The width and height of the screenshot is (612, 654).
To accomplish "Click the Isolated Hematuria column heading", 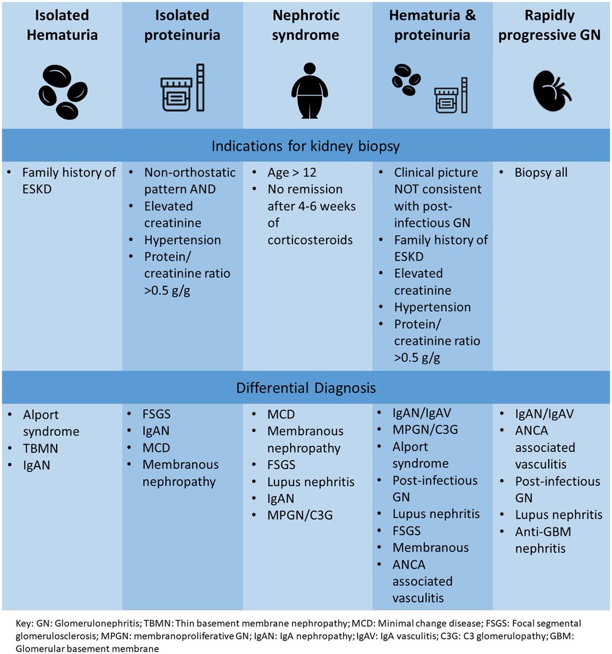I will point(62,25).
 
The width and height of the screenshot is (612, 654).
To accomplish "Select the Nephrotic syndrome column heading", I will point(305,25).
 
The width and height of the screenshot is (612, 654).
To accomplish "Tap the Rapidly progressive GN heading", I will point(549,25).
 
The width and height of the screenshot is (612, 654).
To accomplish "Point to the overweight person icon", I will point(309,90).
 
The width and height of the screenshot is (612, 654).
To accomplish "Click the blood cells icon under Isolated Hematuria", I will point(62,92).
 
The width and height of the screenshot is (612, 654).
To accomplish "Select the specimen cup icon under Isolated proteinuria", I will point(176,94).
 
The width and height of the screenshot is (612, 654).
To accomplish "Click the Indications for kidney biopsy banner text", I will point(305,146).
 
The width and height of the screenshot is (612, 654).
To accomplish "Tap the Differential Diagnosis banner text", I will point(305,388).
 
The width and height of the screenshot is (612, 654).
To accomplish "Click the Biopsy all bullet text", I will point(541,173).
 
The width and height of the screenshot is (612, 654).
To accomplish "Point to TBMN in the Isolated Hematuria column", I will point(40,449).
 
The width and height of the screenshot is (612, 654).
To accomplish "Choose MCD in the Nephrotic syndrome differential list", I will point(281,415).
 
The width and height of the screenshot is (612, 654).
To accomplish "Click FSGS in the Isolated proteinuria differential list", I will point(157,414).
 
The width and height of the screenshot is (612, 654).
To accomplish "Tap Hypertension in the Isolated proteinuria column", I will point(182,240).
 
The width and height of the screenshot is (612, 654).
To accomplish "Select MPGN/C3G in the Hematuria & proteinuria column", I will point(425,430).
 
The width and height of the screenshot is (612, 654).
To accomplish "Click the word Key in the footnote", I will point(24,623).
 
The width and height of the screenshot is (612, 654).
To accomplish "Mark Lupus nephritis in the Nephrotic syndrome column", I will point(310,482).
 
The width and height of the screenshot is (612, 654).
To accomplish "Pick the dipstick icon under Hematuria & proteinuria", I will point(464,95).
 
